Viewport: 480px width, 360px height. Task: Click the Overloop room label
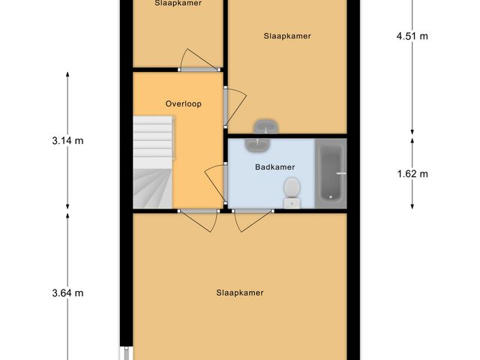[184, 104]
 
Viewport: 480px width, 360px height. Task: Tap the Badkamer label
[274, 167]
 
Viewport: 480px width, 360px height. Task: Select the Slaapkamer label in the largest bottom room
[239, 292]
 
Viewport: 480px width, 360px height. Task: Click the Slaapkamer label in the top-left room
[178, 3]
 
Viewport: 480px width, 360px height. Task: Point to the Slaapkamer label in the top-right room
[286, 35]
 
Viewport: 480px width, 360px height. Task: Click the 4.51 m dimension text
[412, 35]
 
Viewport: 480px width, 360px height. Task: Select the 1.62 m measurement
[412, 174]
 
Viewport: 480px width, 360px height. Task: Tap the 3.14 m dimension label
[67, 140]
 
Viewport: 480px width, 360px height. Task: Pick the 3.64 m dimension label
[67, 292]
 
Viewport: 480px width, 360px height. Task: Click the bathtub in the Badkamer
[330, 174]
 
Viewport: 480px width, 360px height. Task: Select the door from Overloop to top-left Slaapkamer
[195, 60]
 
